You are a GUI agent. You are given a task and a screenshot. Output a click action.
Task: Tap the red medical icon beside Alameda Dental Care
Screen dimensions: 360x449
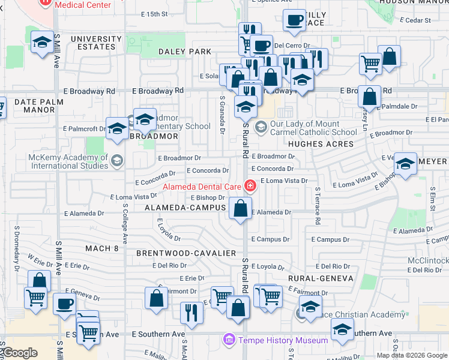pyautogui.click(x=249, y=187)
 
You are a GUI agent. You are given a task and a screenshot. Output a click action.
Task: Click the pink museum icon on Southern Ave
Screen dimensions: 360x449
pyautogui.click(x=228, y=340)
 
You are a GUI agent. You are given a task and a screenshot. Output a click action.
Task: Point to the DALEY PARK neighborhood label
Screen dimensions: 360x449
pyautogui.click(x=185, y=52)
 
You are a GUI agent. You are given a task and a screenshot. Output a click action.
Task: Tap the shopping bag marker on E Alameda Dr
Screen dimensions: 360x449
pyautogui.click(x=240, y=209)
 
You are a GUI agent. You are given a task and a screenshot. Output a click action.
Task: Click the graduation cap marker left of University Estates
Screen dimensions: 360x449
pyautogui.click(x=41, y=43)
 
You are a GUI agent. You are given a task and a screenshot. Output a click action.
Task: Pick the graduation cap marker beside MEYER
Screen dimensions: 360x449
pyautogui.click(x=405, y=164)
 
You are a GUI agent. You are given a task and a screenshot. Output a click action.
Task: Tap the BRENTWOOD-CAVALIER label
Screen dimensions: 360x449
pyautogui.click(x=185, y=253)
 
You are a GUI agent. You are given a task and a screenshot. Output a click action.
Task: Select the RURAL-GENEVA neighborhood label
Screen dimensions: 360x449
pyautogui.click(x=316, y=278)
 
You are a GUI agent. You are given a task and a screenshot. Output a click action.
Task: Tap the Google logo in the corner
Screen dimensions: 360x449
pyautogui.click(x=19, y=353)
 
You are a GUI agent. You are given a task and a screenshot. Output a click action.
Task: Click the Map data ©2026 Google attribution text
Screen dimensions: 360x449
pyautogui.click(x=412, y=355)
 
